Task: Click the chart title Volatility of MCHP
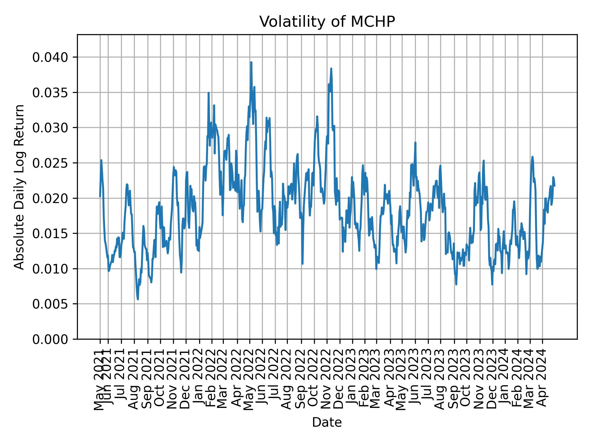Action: tap(327, 22)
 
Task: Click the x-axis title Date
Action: tap(327, 422)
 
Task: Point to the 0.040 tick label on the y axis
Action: tap(50, 57)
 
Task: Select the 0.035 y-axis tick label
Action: tap(50, 93)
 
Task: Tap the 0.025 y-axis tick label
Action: tap(50, 163)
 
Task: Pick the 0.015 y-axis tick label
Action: tap(50, 233)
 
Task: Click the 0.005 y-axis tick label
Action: tap(50, 304)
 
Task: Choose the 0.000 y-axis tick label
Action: tap(50, 339)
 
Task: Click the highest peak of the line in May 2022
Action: tap(251, 62)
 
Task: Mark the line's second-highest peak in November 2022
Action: tap(331, 69)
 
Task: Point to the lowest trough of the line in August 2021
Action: tap(138, 299)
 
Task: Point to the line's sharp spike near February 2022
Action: tap(208, 93)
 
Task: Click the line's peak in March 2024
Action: tap(532, 157)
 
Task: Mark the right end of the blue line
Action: tap(554, 186)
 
